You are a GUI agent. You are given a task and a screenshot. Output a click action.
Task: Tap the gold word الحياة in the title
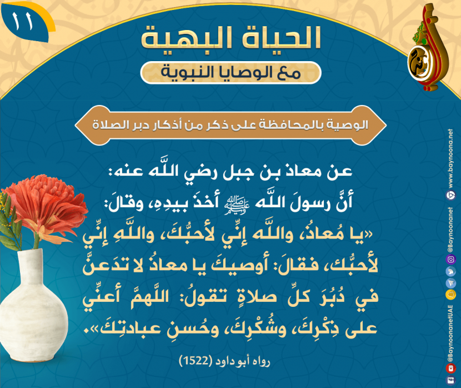(282, 38)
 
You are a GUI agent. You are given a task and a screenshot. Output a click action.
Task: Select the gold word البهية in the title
(189, 38)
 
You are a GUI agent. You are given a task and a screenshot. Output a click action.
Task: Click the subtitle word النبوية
(189, 72)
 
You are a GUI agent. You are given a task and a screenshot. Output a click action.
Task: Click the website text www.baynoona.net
(450, 158)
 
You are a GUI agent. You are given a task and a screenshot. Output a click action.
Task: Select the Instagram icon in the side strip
(450, 259)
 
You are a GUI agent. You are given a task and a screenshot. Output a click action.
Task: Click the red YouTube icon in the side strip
(450, 368)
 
